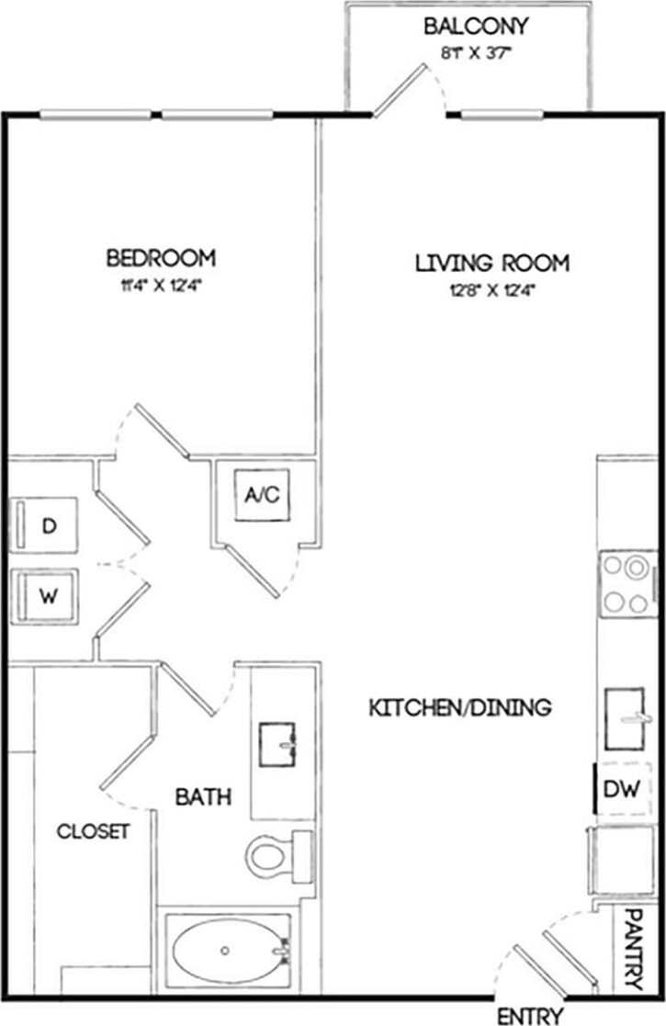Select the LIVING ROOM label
[x=492, y=263]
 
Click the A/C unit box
[x=262, y=496]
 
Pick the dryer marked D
[x=45, y=525]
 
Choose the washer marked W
[x=45, y=594]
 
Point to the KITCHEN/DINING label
[x=459, y=707]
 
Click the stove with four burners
[x=628, y=585]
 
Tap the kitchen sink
[x=630, y=718]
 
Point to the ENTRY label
[x=531, y=1015]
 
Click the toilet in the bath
[x=276, y=854]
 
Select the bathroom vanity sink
[x=278, y=744]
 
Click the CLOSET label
[x=93, y=831]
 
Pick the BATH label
[x=203, y=796]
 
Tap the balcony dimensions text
[x=475, y=53]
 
